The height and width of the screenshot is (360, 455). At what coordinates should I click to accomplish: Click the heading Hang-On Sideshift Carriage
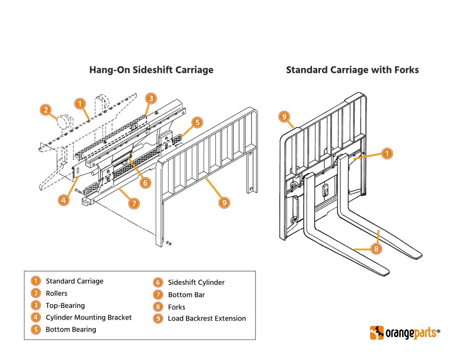click(151, 70)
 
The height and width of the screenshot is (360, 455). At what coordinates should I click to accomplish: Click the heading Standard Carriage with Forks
click(352, 70)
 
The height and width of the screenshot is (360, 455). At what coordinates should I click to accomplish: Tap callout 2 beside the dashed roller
click(46, 110)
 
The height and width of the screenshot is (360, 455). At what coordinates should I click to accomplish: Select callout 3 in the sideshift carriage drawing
click(151, 99)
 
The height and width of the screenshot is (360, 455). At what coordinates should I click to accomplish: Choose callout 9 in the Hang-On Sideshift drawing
click(224, 202)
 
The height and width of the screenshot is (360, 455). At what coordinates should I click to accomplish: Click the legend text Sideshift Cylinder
click(196, 283)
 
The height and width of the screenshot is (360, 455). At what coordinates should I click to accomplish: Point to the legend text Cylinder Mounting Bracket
click(88, 317)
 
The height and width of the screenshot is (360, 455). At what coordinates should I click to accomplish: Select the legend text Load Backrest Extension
click(207, 318)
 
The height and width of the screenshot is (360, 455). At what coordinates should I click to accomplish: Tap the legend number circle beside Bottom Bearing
click(36, 329)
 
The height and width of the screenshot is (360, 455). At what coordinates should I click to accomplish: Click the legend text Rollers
click(56, 293)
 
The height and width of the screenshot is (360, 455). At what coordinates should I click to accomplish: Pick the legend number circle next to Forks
click(158, 307)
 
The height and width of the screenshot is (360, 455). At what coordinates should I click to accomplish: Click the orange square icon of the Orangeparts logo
click(377, 332)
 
